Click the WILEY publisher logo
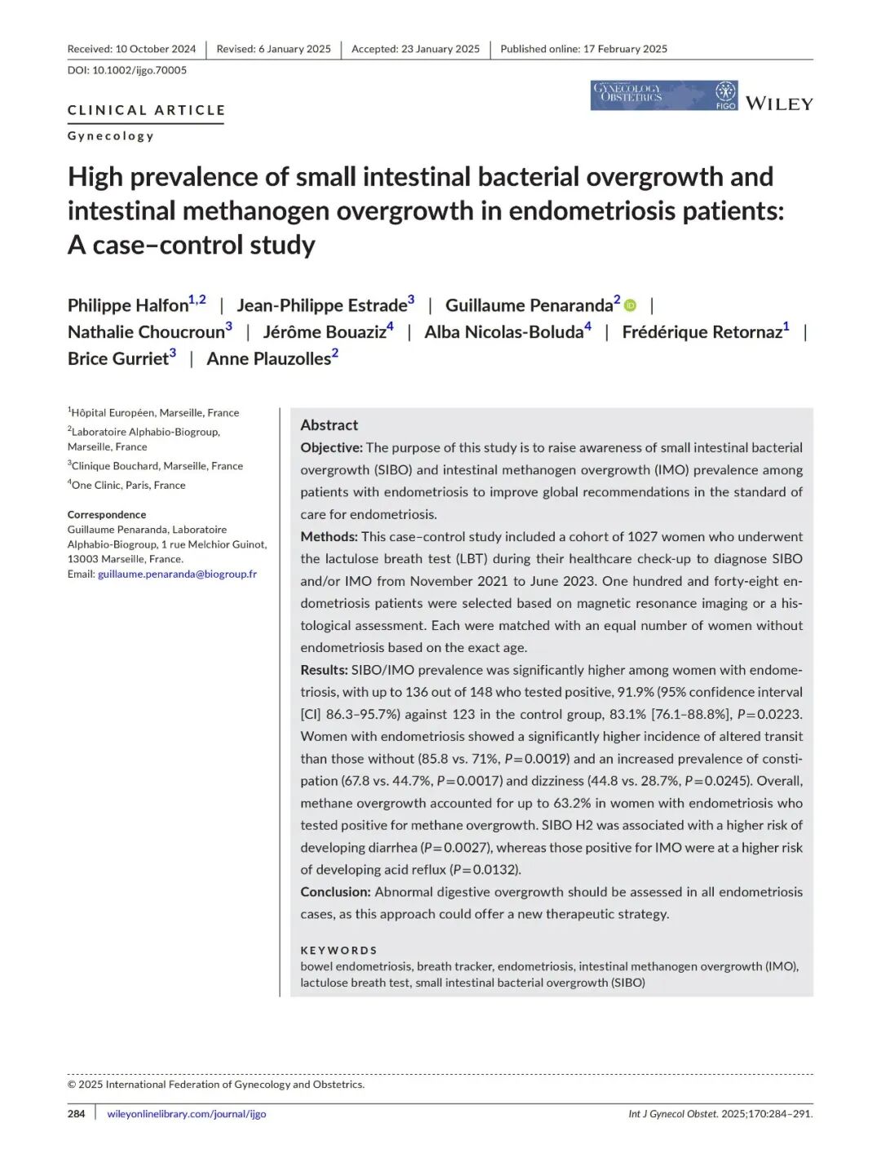tap(779, 104)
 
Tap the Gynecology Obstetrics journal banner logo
tap(663, 95)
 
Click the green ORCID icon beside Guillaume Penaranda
tap(631, 305)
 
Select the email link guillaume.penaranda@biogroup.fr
tap(177, 575)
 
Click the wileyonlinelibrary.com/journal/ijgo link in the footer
tap(187, 1114)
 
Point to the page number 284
tap(76, 1114)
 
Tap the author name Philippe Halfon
tap(128, 306)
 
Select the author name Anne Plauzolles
tap(268, 359)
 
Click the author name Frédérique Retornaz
tap(702, 332)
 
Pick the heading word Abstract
tap(329, 425)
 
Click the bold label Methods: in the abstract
tap(329, 537)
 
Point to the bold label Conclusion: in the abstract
tap(335, 892)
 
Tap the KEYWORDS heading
tap(339, 951)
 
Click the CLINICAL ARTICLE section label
tap(146, 110)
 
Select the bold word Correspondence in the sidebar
tap(107, 515)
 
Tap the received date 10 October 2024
tap(155, 49)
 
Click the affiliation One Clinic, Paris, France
tap(128, 486)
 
